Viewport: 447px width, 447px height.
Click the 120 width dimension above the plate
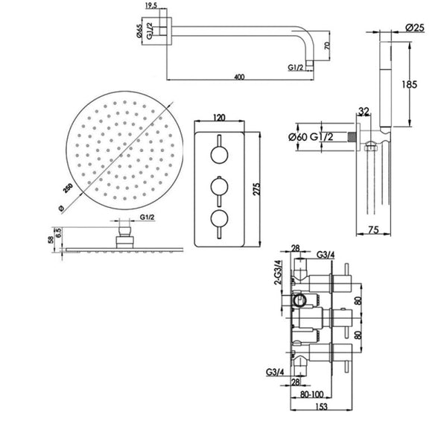220,118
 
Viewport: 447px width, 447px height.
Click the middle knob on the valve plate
219,186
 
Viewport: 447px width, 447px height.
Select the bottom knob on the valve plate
219,218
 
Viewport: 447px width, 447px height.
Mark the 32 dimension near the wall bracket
362,112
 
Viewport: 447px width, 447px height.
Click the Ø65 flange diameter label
139,31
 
